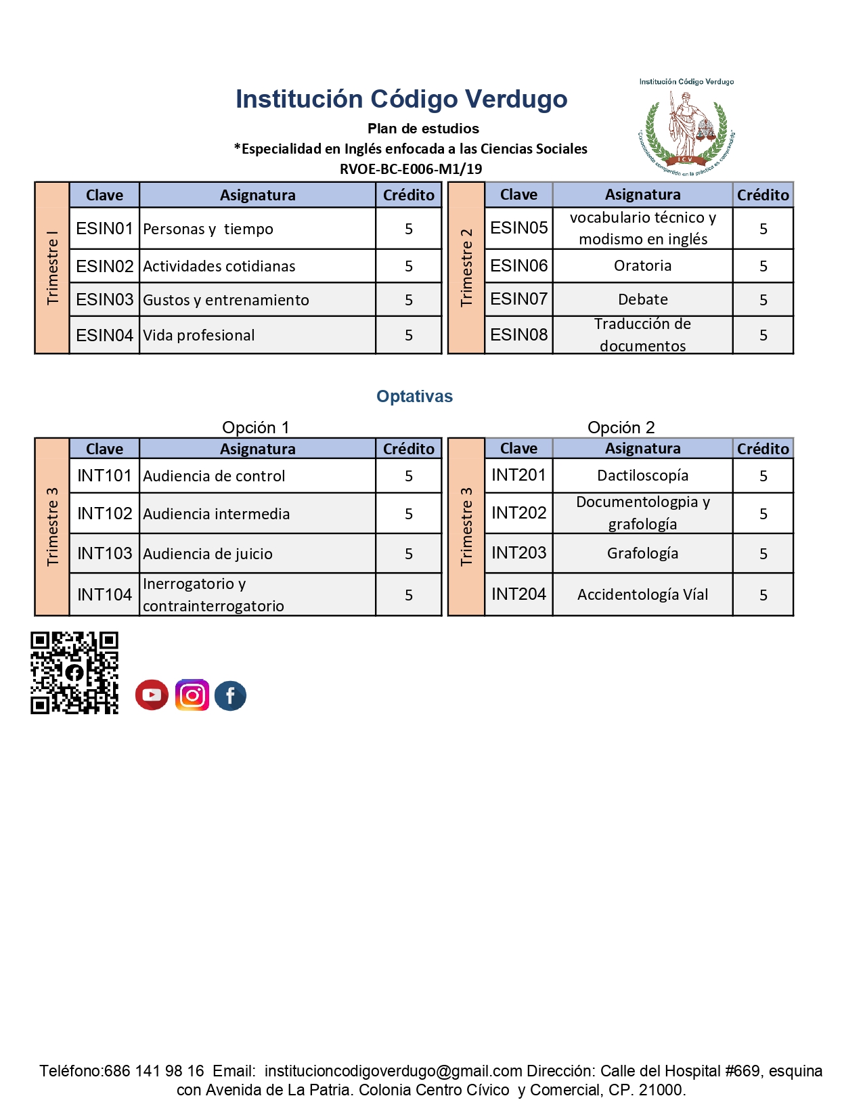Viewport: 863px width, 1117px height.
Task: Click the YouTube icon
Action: pyautogui.click(x=152, y=695)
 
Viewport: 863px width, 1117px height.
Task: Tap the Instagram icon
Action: pyautogui.click(x=192, y=695)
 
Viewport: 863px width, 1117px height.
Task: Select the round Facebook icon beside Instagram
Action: pyautogui.click(x=230, y=695)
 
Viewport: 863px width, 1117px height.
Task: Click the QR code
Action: pyautogui.click(x=74, y=672)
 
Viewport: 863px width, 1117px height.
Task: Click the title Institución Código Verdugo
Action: pyautogui.click(x=401, y=99)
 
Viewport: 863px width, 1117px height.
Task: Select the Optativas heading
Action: pyautogui.click(x=414, y=396)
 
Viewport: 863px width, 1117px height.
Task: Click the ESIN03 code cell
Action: pyautogui.click(x=104, y=299)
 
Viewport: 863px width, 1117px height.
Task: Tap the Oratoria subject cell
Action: pyautogui.click(x=642, y=265)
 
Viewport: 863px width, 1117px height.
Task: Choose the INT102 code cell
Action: pyautogui.click(x=104, y=513)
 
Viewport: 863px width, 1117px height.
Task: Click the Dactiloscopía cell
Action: pyautogui.click(x=642, y=475)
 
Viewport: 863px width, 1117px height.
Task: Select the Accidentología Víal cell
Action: pyautogui.click(x=642, y=594)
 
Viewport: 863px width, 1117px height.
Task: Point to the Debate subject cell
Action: pyautogui.click(x=642, y=299)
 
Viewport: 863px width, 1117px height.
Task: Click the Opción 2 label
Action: pyautogui.click(x=621, y=427)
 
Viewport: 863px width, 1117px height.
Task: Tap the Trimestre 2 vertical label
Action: pyautogui.click(x=466, y=267)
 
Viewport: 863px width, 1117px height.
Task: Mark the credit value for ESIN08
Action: pyautogui.click(x=763, y=335)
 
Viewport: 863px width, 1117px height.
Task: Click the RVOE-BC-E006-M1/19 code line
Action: pyautogui.click(x=411, y=169)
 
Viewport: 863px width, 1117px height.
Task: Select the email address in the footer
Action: pyautogui.click(x=393, y=1070)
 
